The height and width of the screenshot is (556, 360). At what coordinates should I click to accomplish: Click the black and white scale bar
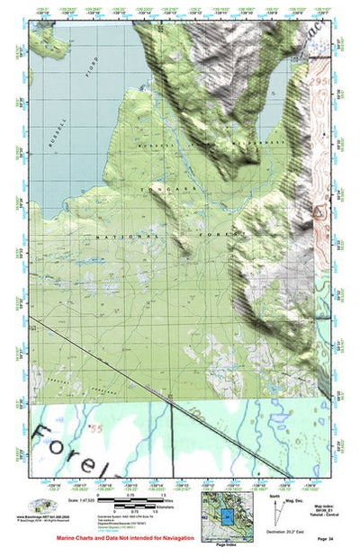point(127,498)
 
